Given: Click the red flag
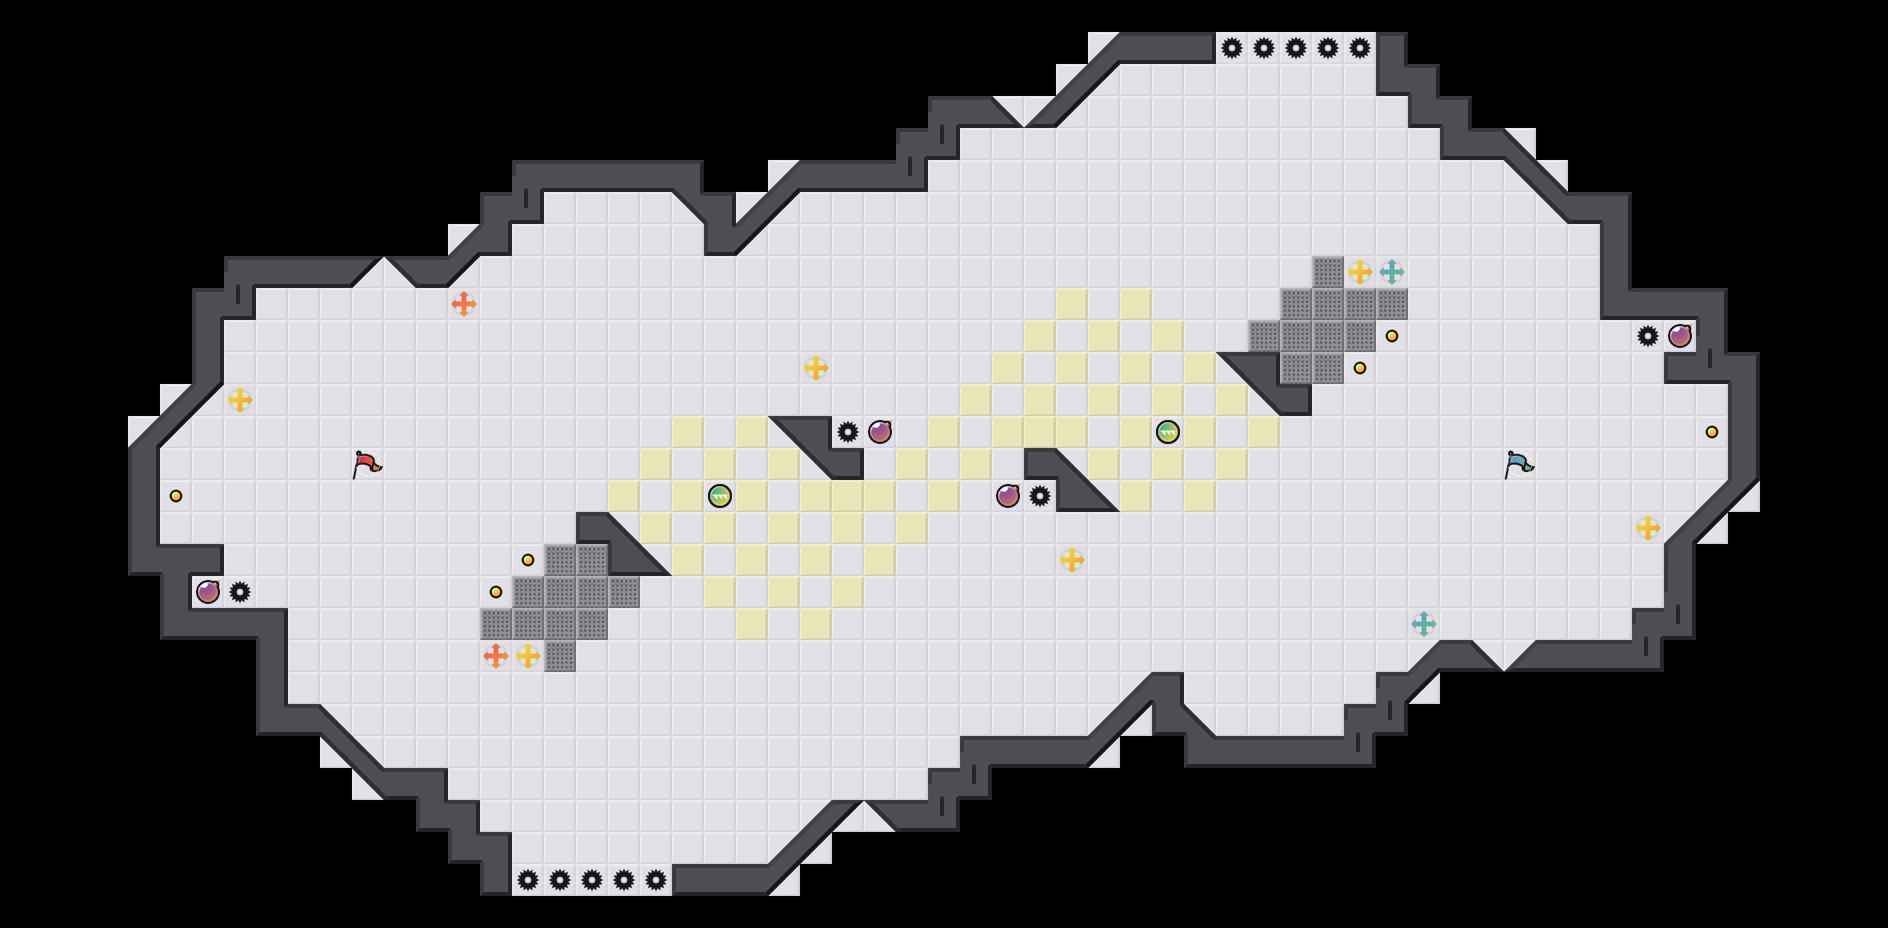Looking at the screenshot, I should pyautogui.click(x=366, y=464).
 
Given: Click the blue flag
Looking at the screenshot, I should pyautogui.click(x=1518, y=464).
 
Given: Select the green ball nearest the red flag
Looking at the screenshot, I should pyautogui.click(x=720, y=496).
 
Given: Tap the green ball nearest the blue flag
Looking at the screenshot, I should pyautogui.click(x=1168, y=432).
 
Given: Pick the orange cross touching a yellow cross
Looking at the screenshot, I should pyautogui.click(x=496, y=656).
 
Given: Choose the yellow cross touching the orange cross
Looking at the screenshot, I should pyautogui.click(x=528, y=656).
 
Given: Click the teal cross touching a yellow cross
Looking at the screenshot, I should pyautogui.click(x=1392, y=272).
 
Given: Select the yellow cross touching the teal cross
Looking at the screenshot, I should pyautogui.click(x=1360, y=272).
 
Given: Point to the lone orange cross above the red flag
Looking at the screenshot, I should pyautogui.click(x=464, y=304).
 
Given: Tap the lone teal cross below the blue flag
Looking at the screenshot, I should pyautogui.click(x=1424, y=624).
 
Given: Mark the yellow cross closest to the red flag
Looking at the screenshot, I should pyautogui.click(x=240, y=400).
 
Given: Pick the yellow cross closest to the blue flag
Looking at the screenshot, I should pyautogui.click(x=1648, y=528).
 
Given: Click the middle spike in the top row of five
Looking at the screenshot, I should pyautogui.click(x=1296, y=48).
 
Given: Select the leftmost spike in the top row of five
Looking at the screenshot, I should pyautogui.click(x=1232, y=48).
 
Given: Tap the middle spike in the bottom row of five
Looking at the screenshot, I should pyautogui.click(x=592, y=880).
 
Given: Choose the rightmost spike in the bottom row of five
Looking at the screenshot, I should pyautogui.click(x=656, y=880).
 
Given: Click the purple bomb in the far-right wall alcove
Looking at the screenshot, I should pyautogui.click(x=1680, y=336).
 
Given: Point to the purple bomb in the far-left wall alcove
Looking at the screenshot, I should pyautogui.click(x=208, y=592).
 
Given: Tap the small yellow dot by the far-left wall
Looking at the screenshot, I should pyautogui.click(x=176, y=496).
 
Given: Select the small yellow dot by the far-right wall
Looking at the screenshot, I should pyautogui.click(x=1712, y=432).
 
